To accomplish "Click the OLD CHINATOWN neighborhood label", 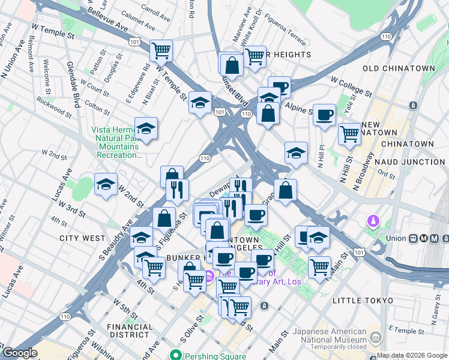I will click(x=399, y=68).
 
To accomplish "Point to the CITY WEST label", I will click(x=82, y=238).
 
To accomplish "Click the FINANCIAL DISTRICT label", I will click(x=128, y=331).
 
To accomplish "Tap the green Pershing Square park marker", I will click(x=176, y=355).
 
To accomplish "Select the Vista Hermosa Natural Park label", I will click(x=116, y=142).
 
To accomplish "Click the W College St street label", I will click(x=351, y=86).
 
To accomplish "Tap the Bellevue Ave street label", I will click(x=107, y=20).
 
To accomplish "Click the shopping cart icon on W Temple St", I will click(x=161, y=50).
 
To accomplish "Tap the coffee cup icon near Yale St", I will click(x=324, y=115).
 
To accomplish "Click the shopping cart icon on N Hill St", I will click(x=349, y=134).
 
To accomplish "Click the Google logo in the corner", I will click(x=20, y=353).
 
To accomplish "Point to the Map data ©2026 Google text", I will click(x=412, y=355).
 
